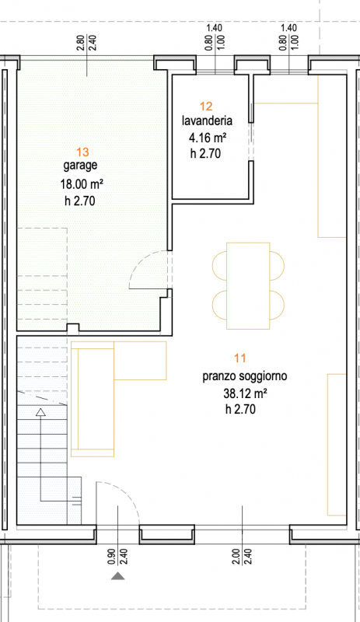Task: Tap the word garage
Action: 80,166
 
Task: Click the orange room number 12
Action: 206,106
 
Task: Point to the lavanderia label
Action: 206,121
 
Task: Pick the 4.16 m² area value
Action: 208,138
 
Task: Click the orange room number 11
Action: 240,358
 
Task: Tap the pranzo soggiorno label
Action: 245,376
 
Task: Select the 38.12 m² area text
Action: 246,393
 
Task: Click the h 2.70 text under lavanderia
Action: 206,154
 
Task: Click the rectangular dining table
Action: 248,285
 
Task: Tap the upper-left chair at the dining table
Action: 218,266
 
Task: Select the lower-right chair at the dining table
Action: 278,303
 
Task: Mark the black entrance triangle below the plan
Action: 117,576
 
